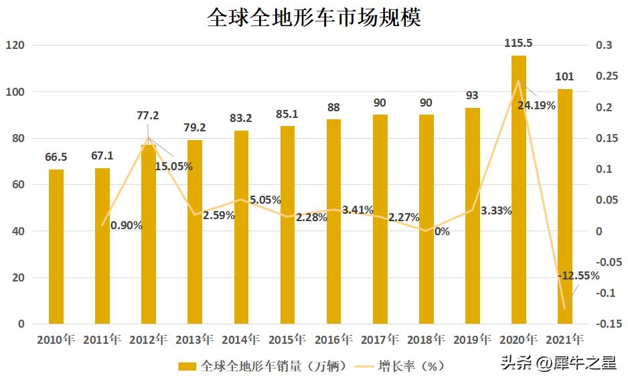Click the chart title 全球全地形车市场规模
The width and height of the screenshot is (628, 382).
pyautogui.click(x=313, y=17)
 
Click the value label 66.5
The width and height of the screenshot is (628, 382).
pyautogui.click(x=56, y=157)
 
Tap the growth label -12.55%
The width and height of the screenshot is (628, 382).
pyautogui.click(x=579, y=275)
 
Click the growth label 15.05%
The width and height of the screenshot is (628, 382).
pyautogui.click(x=173, y=166)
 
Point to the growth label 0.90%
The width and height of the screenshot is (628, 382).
pyautogui.click(x=127, y=225)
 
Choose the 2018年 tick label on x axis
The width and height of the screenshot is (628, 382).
pyautogui.click(x=426, y=340)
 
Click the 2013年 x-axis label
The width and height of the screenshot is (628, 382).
pyautogui.click(x=194, y=340)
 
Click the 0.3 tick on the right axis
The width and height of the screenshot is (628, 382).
pyautogui.click(x=604, y=46)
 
